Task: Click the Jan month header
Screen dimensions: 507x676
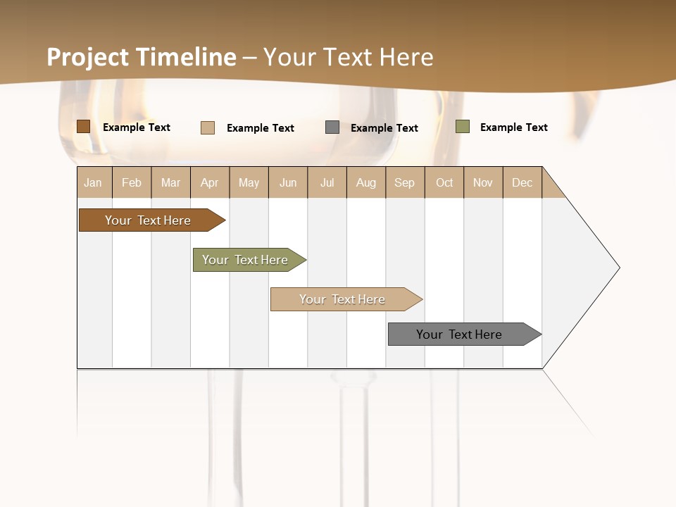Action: (93, 182)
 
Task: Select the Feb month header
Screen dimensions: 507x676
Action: (132, 182)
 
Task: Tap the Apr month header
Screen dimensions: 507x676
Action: (210, 182)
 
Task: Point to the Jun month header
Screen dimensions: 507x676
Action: (288, 182)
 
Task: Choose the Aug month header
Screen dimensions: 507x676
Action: (366, 182)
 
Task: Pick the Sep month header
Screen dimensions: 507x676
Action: (405, 182)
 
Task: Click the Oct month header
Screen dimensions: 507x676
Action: (444, 182)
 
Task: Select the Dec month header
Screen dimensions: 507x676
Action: (522, 182)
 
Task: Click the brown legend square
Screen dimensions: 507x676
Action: (83, 127)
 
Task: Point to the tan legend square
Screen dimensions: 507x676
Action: (207, 127)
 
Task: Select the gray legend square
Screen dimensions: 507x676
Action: (332, 127)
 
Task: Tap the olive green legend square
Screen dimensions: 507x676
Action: (462, 127)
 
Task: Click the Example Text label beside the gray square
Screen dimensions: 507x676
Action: (384, 128)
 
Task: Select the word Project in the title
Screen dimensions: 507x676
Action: (88, 57)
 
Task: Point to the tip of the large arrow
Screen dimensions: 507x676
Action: (618, 268)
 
